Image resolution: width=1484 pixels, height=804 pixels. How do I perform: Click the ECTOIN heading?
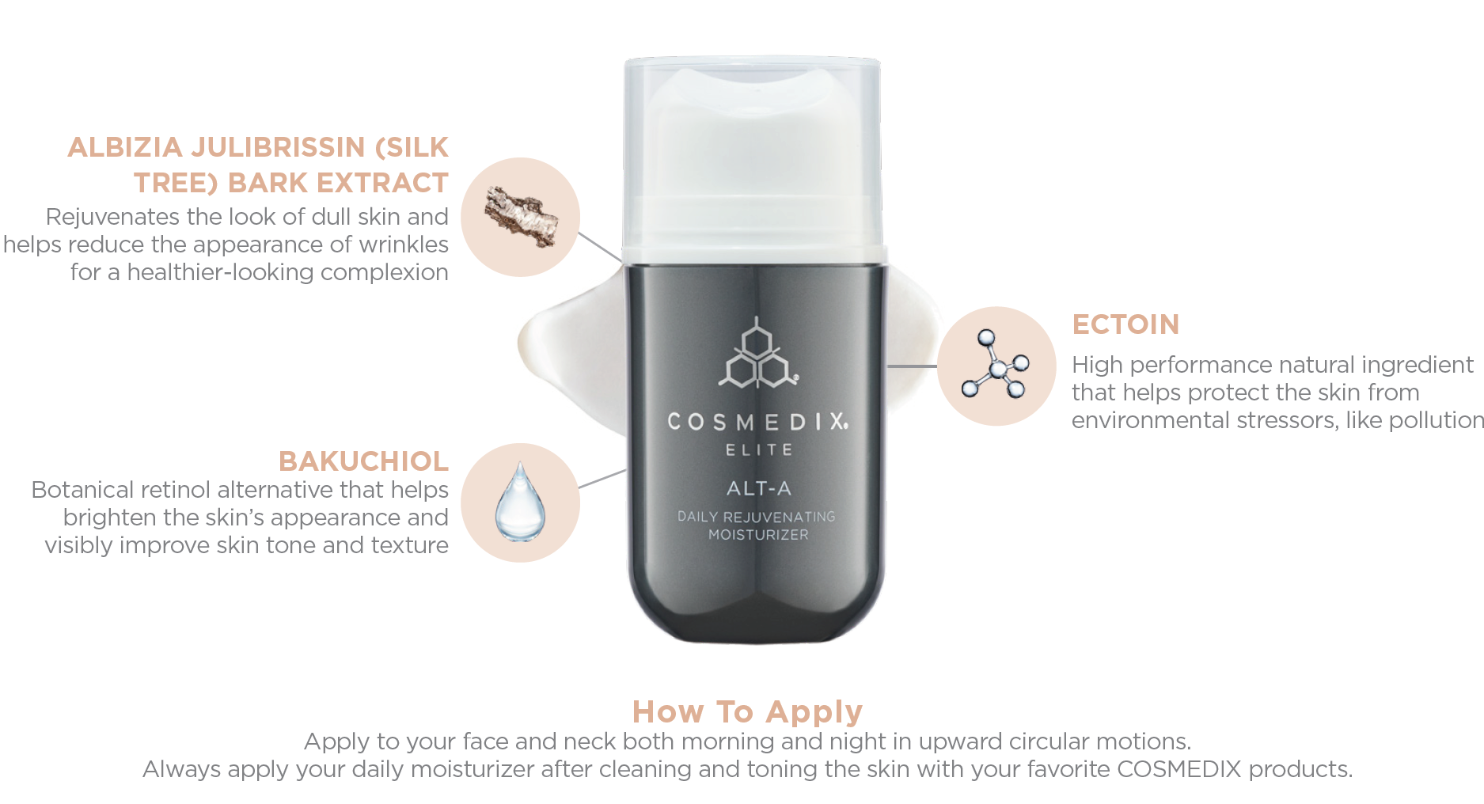[1125, 324]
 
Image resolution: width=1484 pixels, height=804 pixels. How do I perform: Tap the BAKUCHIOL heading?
[363, 461]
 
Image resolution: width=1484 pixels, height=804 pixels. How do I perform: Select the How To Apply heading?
[747, 711]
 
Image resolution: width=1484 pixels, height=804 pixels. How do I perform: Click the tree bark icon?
[522, 217]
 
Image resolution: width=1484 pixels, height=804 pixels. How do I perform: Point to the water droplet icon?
[520, 502]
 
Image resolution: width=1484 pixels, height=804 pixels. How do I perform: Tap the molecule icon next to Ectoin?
[996, 365]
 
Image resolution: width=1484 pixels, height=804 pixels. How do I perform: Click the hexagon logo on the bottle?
[758, 354]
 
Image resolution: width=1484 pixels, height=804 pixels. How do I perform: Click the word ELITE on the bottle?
[759, 450]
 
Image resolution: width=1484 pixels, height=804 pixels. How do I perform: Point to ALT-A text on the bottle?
[759, 488]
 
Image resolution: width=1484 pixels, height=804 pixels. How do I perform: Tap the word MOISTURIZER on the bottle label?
[758, 535]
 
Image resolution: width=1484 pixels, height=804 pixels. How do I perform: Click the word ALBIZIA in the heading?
[126, 147]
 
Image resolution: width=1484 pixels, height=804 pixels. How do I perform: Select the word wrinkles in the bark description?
[404, 245]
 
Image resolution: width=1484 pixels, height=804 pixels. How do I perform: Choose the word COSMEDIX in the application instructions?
[1178, 769]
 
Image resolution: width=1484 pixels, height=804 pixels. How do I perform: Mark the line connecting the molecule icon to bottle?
[913, 366]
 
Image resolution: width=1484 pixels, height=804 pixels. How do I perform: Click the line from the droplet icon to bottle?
[602, 479]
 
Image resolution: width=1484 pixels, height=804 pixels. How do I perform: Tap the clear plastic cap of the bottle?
[753, 154]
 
